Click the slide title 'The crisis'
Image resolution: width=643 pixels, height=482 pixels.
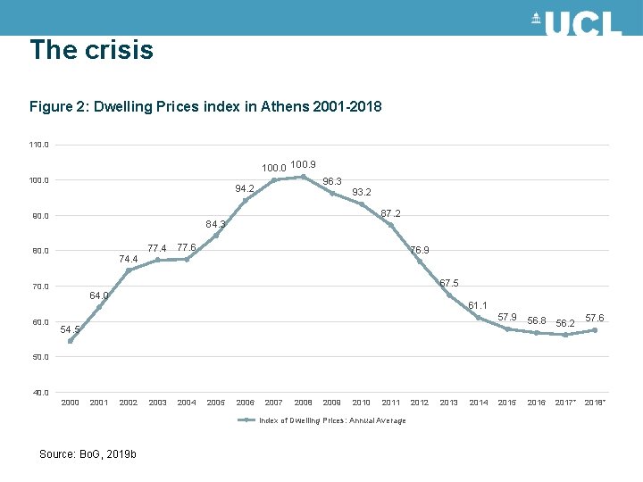tap(91, 50)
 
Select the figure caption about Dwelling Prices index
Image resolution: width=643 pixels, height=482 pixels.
tap(205, 107)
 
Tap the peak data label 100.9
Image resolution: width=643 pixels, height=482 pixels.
tap(303, 165)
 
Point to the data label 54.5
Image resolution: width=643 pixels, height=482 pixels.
tap(70, 329)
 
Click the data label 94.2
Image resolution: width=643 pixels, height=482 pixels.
tap(245, 188)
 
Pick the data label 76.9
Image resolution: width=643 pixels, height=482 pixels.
tap(420, 250)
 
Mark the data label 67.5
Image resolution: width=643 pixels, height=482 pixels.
tap(450, 283)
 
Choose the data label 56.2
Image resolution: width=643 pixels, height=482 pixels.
tap(565, 322)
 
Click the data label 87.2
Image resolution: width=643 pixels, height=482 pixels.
tap(390, 214)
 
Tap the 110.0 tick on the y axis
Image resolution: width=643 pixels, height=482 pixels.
tap(39, 145)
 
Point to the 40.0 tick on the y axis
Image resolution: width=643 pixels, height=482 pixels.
tap(39, 392)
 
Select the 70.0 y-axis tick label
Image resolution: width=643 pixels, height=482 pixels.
tap(39, 287)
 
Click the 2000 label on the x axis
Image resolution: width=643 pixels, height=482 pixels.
tap(70, 403)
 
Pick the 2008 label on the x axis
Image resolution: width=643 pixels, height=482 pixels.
tap(303, 403)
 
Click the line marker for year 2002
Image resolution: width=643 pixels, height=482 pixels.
tap(129, 270)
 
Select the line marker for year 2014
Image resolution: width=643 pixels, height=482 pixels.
tap(478, 318)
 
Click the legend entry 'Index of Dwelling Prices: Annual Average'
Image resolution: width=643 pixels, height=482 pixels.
tap(326, 420)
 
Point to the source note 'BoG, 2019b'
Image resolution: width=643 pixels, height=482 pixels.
tap(88, 454)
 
